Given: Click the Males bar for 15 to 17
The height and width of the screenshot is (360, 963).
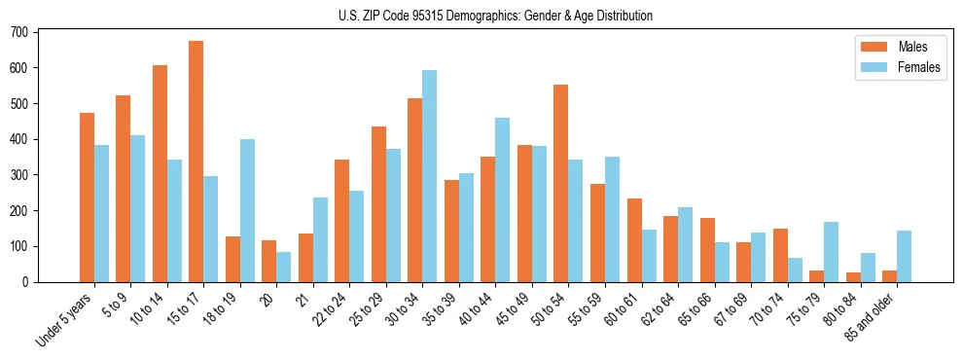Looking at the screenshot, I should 196,162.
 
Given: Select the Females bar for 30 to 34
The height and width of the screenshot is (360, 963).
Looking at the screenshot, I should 429,176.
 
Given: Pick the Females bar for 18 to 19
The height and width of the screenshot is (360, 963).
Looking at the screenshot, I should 247,210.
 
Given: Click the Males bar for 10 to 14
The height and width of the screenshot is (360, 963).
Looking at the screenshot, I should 160,173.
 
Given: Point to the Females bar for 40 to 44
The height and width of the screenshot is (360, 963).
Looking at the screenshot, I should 502,199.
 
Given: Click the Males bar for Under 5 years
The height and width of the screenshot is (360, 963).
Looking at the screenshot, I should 87,198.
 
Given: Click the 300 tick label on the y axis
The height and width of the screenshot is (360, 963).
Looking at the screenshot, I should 23,175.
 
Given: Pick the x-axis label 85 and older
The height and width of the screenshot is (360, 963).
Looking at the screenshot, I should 874,315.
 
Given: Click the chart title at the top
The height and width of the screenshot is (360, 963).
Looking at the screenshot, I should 495,16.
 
